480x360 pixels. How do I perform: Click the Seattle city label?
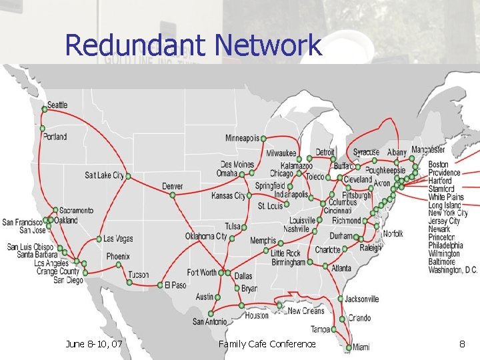point(58,105)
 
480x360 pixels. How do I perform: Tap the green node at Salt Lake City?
point(128,176)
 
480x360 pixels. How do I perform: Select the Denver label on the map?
point(172,186)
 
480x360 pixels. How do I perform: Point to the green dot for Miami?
point(349,347)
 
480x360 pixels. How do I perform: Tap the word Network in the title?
point(268,45)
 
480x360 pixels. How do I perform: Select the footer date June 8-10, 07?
point(94,344)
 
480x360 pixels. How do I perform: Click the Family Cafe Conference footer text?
point(267,344)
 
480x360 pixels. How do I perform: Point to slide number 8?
point(461,344)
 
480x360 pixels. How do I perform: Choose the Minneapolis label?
point(242,139)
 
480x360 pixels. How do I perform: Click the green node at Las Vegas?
point(99,239)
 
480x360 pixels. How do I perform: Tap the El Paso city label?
point(175,285)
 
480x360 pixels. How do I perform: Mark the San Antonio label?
point(209,321)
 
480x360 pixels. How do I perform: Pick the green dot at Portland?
point(43,128)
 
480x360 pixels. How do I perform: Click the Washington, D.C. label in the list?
point(453,270)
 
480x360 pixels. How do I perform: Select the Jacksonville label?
point(362,299)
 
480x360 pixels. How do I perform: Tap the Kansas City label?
point(228,196)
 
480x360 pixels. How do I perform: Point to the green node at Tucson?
point(129,282)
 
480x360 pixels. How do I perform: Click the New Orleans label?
point(305,311)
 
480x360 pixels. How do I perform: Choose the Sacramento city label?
point(76,211)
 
